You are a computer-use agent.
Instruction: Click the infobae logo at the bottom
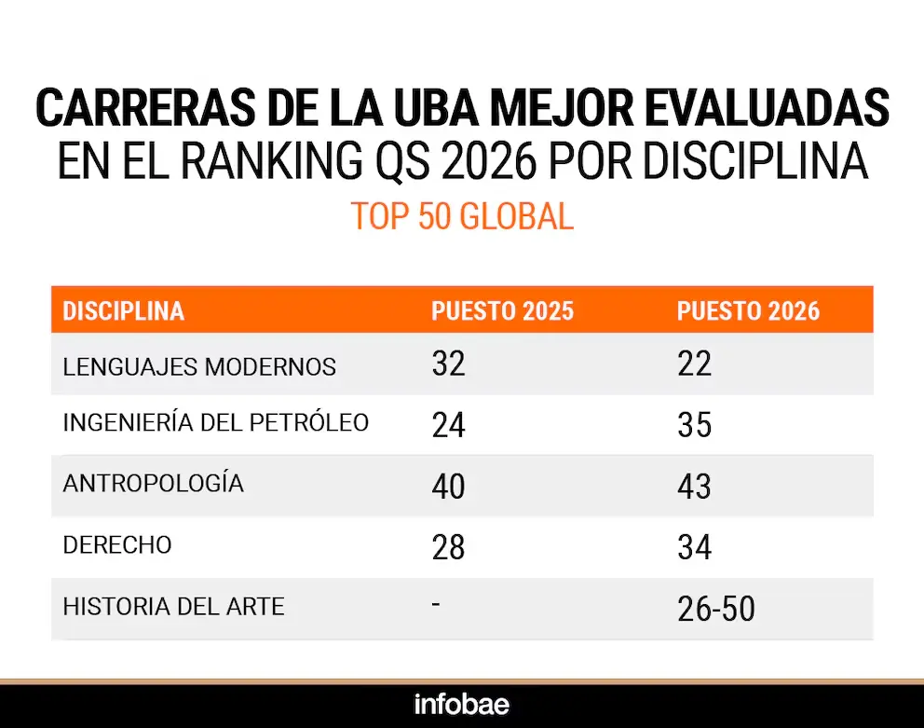[x=462, y=703]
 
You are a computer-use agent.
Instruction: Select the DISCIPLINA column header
[x=124, y=311]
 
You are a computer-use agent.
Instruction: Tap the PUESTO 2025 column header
[x=502, y=311]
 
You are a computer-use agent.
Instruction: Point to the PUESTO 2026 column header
[x=748, y=311]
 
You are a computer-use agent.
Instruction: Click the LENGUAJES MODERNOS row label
[x=199, y=366]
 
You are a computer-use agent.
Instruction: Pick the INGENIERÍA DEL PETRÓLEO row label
[x=216, y=423]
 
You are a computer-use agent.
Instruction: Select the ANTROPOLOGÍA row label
[x=154, y=484]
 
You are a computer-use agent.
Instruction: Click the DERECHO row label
[x=117, y=545]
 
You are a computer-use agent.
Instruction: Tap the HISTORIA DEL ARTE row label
[x=173, y=607]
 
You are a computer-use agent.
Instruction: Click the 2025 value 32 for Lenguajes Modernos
[x=448, y=364]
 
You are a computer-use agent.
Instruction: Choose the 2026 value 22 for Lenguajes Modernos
[x=694, y=364]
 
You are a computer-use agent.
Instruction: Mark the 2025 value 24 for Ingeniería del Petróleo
[x=448, y=425]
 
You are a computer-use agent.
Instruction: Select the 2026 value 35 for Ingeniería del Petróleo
[x=694, y=425]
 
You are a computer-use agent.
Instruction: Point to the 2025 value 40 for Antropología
[x=448, y=487]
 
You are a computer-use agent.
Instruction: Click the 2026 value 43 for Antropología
[x=694, y=487]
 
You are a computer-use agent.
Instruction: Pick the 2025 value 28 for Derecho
[x=448, y=547]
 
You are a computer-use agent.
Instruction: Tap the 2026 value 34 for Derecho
[x=694, y=547]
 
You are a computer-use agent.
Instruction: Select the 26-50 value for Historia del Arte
[x=715, y=609]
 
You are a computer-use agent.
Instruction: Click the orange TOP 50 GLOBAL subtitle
[x=462, y=216]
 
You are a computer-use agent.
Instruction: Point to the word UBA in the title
[x=432, y=109]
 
